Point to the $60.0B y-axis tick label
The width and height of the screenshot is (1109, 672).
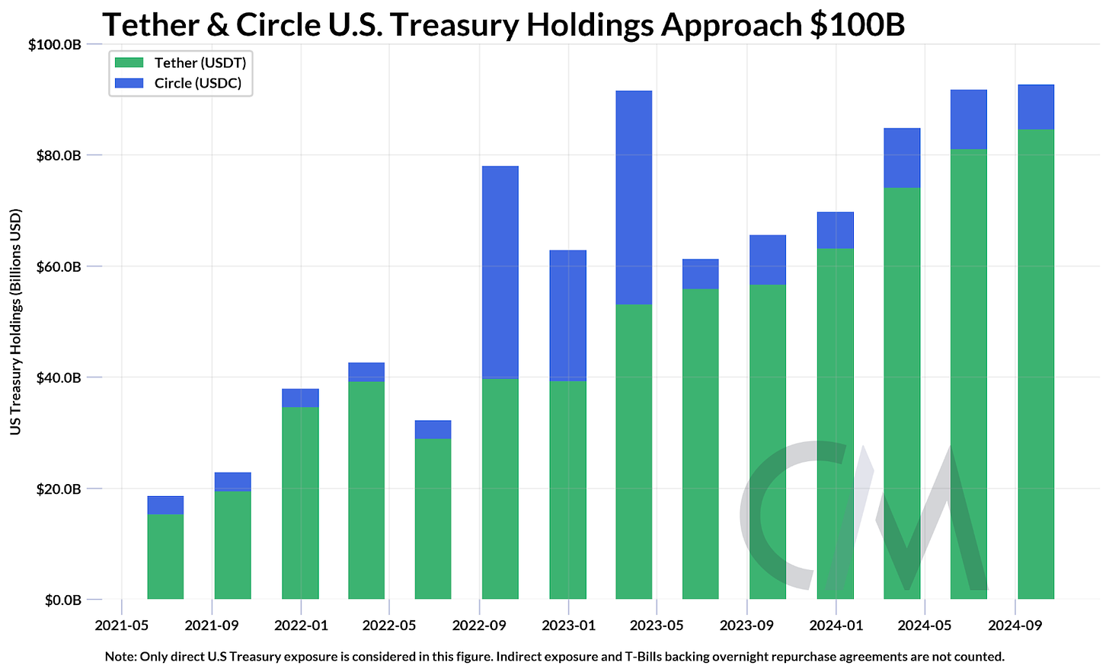pos(59,266)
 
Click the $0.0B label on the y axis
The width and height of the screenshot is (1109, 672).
pos(63,600)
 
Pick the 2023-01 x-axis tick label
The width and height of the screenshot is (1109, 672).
pos(568,626)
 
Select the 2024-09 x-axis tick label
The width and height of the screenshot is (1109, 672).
pos(1014,626)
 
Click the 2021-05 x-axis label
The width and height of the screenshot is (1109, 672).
pos(121,626)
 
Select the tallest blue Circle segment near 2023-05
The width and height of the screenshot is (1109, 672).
pos(634,197)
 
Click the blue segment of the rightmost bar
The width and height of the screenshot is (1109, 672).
pos(1036,107)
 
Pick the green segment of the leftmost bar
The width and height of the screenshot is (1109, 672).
pos(165,556)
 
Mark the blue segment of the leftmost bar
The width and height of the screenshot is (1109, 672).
pos(165,505)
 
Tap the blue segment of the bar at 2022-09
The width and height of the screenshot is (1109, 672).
pos(500,272)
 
